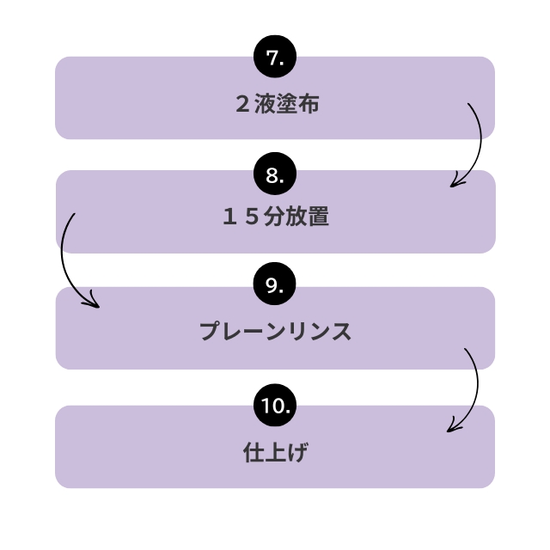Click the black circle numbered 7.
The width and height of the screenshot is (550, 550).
tap(275, 58)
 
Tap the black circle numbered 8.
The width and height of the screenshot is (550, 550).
tap(275, 174)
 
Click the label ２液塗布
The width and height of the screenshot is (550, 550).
tap(276, 105)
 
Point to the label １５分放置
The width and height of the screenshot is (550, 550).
tap(276, 218)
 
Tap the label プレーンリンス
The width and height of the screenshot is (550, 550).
tap(275, 332)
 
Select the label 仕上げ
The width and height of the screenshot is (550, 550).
tap(275, 450)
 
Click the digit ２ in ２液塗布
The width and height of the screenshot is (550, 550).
tap(241, 105)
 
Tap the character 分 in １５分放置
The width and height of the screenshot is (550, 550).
tap(276, 218)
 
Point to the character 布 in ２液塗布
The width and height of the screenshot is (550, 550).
tap(309, 105)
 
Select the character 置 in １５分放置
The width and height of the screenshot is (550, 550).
tap(319, 218)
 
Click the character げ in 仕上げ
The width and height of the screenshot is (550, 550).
tap(298, 450)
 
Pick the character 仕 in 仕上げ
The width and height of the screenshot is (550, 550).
tap(253, 450)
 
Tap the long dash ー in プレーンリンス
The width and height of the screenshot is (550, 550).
tap(254, 332)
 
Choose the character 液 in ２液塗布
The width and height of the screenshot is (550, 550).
tap(265, 105)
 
